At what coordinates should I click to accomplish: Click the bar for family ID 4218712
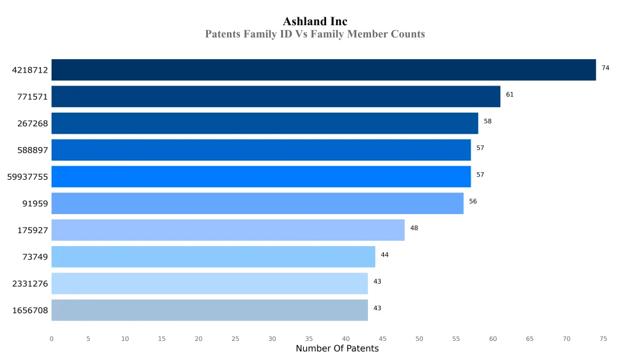point(324,70)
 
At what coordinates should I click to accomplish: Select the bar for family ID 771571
point(276,97)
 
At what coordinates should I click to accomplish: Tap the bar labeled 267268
point(265,123)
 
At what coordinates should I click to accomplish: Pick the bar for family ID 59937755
point(261,177)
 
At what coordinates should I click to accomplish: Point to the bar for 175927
point(228,230)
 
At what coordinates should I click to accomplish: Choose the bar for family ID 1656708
point(209,310)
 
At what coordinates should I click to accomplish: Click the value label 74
point(605,68)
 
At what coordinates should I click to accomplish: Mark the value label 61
point(509,95)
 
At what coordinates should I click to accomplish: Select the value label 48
point(414,228)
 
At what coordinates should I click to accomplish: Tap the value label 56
point(472,201)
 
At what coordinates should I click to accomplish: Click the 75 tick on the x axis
point(604,338)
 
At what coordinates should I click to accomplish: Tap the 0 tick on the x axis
point(52,338)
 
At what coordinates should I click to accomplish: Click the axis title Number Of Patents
point(337,349)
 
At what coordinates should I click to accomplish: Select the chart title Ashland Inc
point(315,22)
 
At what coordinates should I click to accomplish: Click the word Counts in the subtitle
point(408,34)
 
